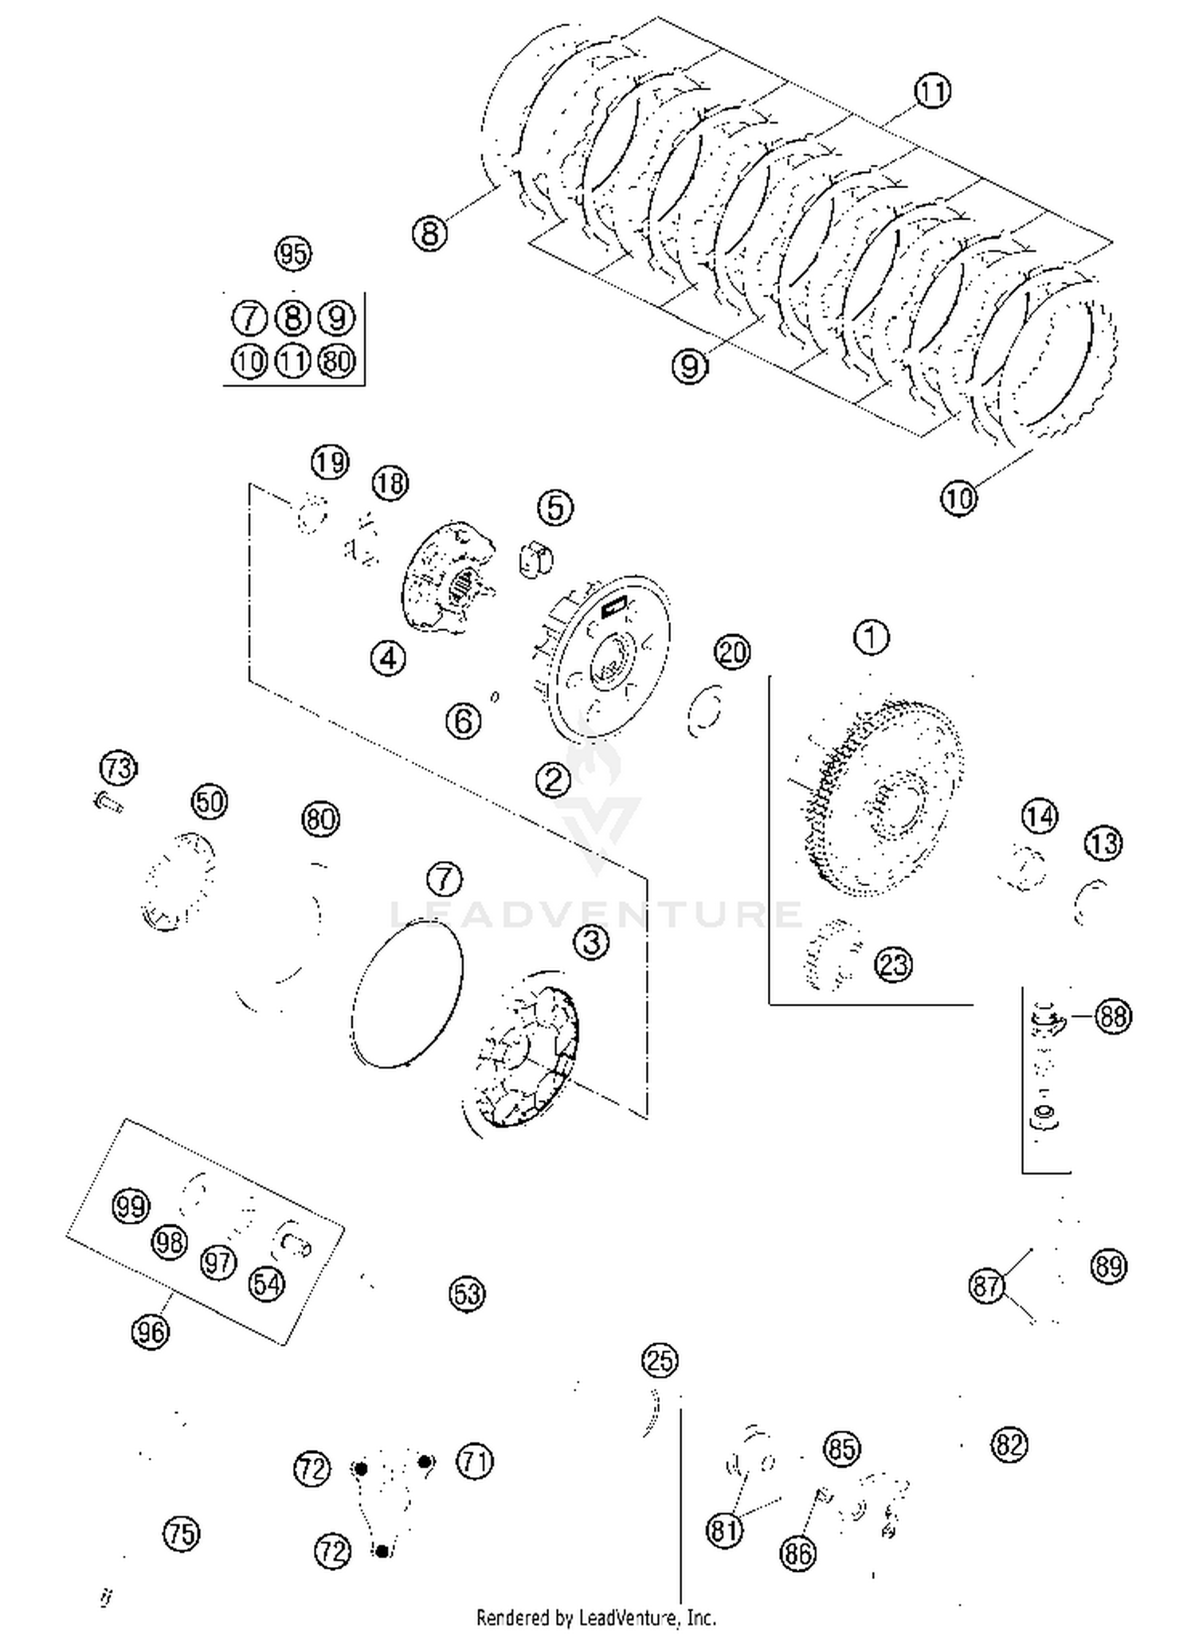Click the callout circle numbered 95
pyautogui.click(x=292, y=254)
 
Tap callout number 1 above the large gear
pyautogui.click(x=871, y=637)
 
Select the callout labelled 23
pyautogui.click(x=893, y=965)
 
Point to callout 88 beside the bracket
pyautogui.click(x=1112, y=1016)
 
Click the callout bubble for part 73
pyautogui.click(x=118, y=768)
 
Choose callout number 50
pyautogui.click(x=210, y=801)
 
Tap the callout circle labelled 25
pyautogui.click(x=660, y=1361)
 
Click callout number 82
pyautogui.click(x=1009, y=1444)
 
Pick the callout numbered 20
pyautogui.click(x=732, y=652)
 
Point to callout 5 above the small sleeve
pyautogui.click(x=555, y=507)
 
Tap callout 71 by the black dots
pyautogui.click(x=474, y=1461)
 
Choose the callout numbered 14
pyautogui.click(x=1039, y=817)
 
